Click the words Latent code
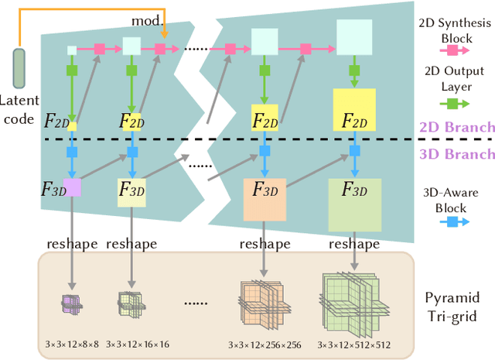[19, 111]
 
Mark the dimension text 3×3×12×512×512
[353, 342]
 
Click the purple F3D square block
[72, 187]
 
